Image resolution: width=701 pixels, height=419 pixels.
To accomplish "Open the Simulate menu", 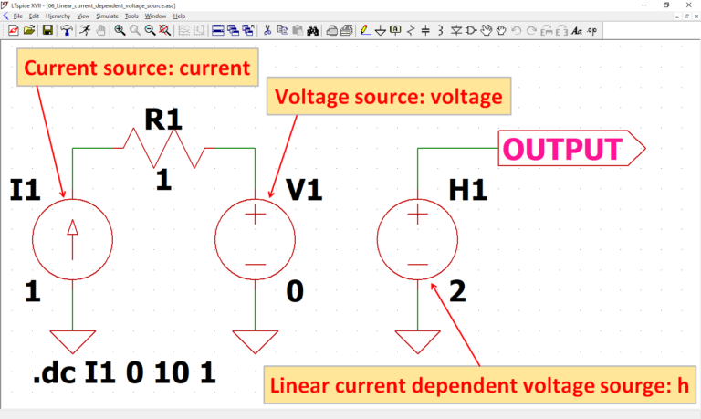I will (108, 16).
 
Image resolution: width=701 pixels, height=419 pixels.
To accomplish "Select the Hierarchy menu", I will (58, 16).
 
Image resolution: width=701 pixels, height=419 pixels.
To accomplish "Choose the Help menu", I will (179, 16).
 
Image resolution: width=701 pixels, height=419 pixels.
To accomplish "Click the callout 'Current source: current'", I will (136, 68).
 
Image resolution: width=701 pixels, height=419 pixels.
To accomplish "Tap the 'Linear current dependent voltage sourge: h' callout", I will (480, 383).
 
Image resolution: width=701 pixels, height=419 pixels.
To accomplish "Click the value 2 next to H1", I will (458, 292).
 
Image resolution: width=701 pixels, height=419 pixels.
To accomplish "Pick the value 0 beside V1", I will (295, 292).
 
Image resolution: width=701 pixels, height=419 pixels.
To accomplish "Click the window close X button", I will (687, 5).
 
